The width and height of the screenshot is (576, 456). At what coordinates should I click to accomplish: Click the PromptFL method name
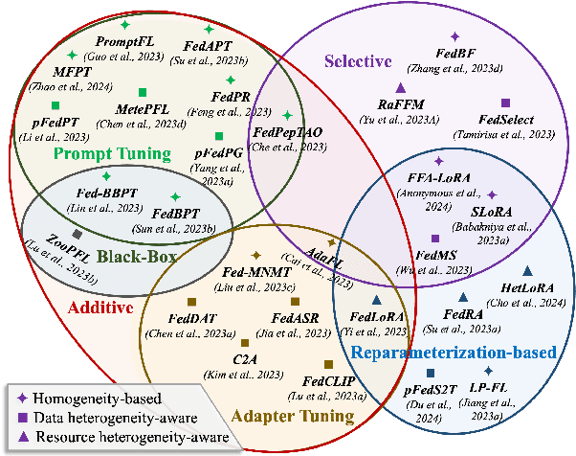(x=125, y=41)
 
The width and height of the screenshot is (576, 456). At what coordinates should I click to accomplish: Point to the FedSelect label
(x=506, y=122)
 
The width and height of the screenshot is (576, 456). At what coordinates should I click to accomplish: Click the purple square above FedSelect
(x=506, y=103)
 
